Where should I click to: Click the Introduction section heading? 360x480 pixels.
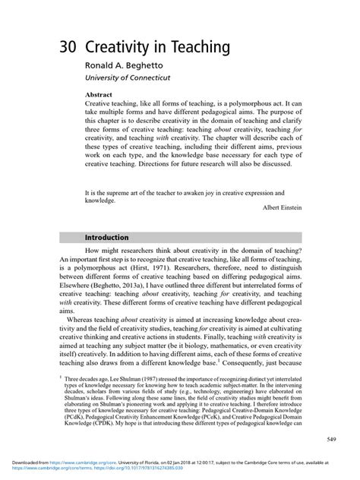tap(110, 238)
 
